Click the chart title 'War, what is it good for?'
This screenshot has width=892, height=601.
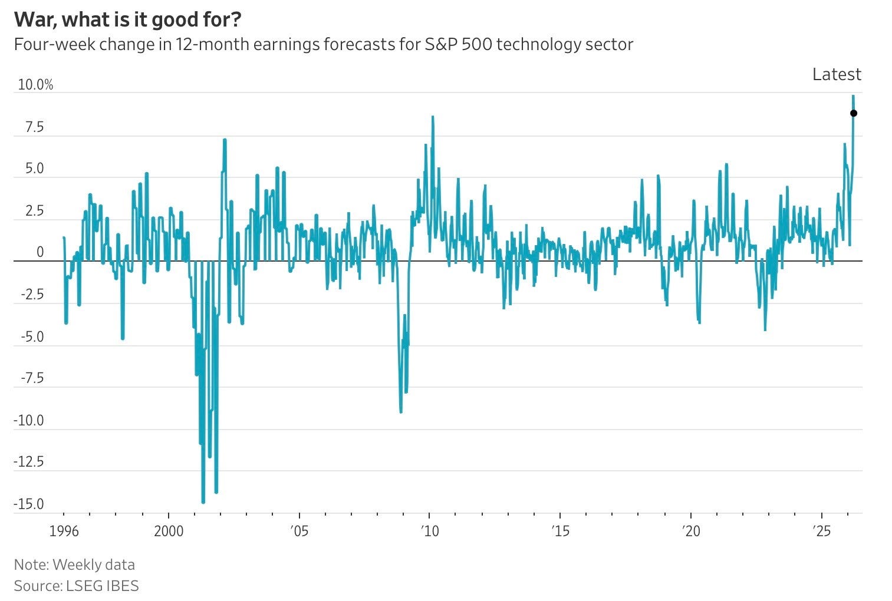127,19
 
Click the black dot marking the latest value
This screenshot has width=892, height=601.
853,113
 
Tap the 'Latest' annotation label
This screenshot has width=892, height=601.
836,74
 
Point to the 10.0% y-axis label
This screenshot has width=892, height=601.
35,85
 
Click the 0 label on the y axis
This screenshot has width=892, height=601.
40,252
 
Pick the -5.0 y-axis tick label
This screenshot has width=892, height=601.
32,337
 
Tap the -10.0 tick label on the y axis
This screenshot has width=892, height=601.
29,421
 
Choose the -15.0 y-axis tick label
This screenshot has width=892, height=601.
29,504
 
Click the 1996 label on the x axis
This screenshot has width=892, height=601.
64,531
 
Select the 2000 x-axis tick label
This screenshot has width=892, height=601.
169,531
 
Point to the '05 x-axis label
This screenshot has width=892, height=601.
299,531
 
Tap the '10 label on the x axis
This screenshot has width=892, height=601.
430,531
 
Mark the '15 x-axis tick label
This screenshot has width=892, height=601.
560,531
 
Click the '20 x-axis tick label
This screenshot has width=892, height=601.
691,531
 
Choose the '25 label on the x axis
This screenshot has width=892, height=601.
821,531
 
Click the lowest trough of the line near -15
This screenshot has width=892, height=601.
203,502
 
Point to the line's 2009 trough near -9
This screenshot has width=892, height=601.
401,411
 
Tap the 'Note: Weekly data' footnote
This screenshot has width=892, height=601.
74,564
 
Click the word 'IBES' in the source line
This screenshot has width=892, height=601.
122,586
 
